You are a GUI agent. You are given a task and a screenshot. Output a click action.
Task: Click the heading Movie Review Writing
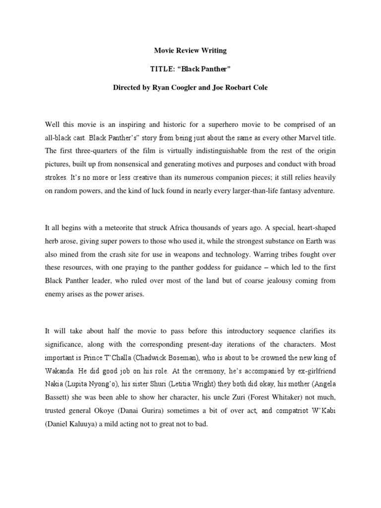(x=190, y=50)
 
